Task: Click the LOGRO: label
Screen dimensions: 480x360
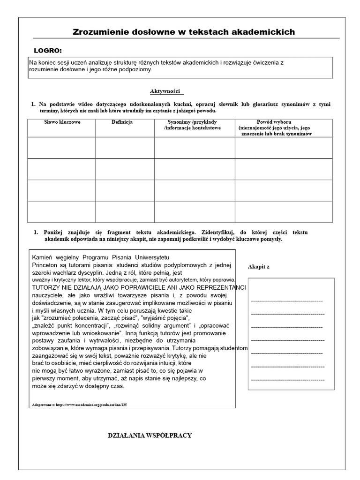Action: (48, 51)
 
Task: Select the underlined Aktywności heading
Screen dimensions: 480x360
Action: (165, 91)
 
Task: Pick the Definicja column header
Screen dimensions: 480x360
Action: (122, 122)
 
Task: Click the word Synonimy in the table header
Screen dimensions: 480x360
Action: (179, 122)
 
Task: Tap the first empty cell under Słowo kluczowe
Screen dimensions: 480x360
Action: (62, 148)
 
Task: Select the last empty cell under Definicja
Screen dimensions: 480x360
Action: (125, 211)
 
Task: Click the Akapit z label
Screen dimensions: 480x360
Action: (259, 267)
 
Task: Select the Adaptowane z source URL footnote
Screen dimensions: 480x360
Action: (79, 404)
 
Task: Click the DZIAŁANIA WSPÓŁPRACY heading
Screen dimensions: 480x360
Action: (150, 435)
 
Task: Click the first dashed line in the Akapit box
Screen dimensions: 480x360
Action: (287, 300)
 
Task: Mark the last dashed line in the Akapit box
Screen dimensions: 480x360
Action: (288, 379)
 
